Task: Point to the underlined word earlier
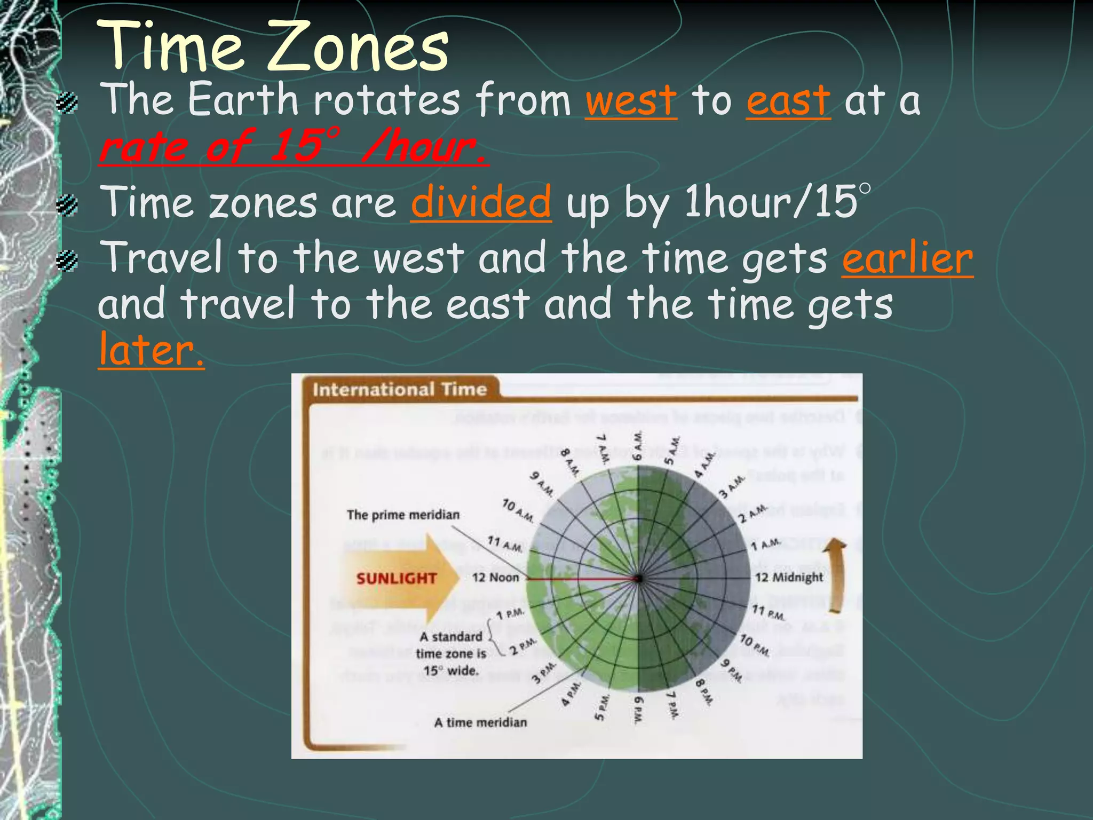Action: tap(907, 259)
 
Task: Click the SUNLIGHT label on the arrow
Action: tap(396, 578)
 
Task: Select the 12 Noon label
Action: tap(495, 578)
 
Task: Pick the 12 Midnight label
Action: tap(789, 577)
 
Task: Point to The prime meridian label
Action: tap(403, 515)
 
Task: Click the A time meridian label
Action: tap(480, 722)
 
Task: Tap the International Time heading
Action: tap(400, 389)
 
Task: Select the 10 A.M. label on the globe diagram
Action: tap(518, 510)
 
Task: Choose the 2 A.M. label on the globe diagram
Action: tap(753, 513)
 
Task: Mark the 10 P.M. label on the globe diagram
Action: tap(754, 645)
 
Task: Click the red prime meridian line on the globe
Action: tap(582, 578)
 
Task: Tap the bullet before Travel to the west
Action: tap(68, 261)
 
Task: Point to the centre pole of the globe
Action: tap(638, 578)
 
